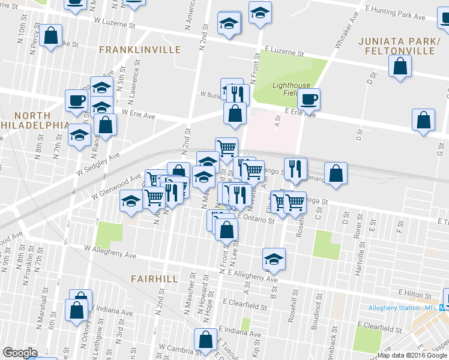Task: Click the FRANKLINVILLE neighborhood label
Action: (131, 49)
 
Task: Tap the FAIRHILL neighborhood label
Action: (155, 279)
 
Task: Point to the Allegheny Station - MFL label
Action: (403, 308)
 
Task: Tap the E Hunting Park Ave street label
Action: (399, 11)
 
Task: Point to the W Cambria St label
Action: (164, 348)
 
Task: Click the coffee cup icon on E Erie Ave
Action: (309, 99)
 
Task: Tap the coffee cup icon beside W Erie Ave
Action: (76, 100)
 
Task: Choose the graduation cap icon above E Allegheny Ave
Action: (274, 259)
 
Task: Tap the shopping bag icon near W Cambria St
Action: (205, 339)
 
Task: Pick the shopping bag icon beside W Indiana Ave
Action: (77, 310)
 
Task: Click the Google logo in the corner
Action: (20, 353)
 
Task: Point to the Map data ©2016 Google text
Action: (413, 355)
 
